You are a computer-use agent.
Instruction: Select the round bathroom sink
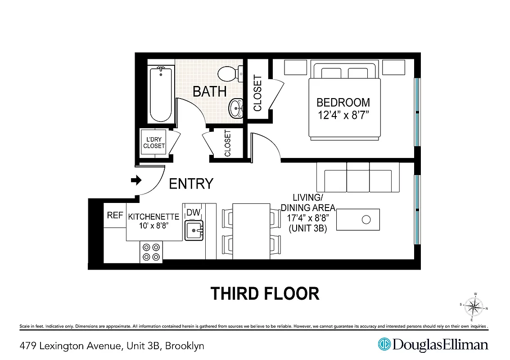(236, 108)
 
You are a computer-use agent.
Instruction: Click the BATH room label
(209, 91)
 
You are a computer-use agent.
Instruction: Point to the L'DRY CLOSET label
(154, 143)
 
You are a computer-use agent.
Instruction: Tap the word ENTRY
(191, 184)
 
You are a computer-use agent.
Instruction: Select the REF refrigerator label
(115, 216)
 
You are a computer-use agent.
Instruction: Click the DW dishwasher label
(193, 212)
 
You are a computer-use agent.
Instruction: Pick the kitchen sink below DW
(194, 230)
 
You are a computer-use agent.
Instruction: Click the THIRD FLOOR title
(265, 293)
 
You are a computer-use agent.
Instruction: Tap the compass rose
(473, 307)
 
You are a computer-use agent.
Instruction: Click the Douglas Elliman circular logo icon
(384, 345)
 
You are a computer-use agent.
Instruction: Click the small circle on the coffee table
(366, 220)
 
